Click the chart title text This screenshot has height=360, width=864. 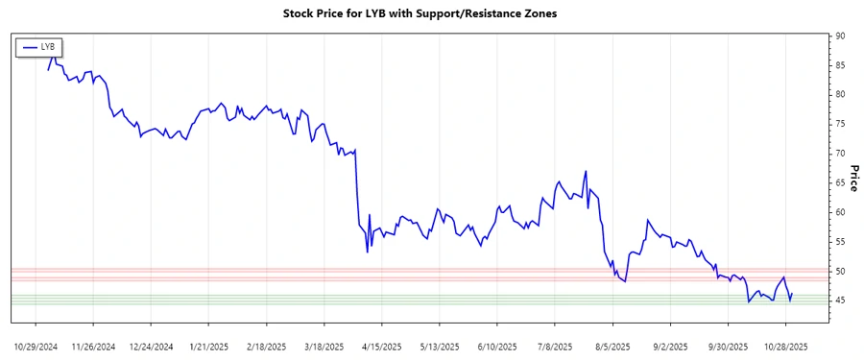point(420,14)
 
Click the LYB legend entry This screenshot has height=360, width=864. point(38,46)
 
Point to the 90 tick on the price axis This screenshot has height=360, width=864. point(840,36)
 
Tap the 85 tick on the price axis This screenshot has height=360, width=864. point(840,65)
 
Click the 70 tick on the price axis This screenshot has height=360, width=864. point(840,154)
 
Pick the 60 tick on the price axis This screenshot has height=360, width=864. point(840,212)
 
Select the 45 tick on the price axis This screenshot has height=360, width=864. point(840,300)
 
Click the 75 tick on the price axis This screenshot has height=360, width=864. point(840,124)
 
